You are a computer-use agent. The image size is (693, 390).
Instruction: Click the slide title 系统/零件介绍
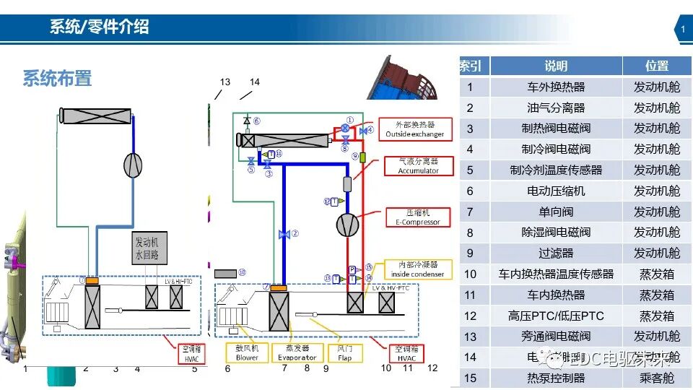tap(99, 28)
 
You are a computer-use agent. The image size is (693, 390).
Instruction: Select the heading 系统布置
tap(57, 78)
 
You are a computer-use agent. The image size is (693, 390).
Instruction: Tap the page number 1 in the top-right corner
tap(682, 30)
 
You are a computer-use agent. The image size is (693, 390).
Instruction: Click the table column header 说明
tap(556, 66)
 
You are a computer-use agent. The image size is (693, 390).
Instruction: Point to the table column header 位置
tap(657, 66)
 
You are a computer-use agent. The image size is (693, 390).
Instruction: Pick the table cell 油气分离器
tap(556, 108)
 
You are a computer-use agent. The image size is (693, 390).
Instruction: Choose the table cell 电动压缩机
tap(556, 191)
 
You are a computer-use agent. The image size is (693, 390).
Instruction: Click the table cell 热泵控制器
tap(556, 378)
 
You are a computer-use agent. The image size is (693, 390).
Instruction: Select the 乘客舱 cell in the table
tap(657, 378)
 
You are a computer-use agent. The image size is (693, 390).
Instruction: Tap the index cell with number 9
tap(470, 253)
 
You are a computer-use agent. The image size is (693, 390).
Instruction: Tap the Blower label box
tap(247, 353)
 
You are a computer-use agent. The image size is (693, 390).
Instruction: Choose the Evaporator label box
tap(297, 353)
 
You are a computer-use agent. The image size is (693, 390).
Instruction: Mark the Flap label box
tap(344, 353)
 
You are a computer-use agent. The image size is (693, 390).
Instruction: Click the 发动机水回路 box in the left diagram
tap(150, 248)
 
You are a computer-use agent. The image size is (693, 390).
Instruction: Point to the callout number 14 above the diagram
tap(254, 82)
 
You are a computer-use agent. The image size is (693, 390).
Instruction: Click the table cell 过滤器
tap(556, 253)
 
